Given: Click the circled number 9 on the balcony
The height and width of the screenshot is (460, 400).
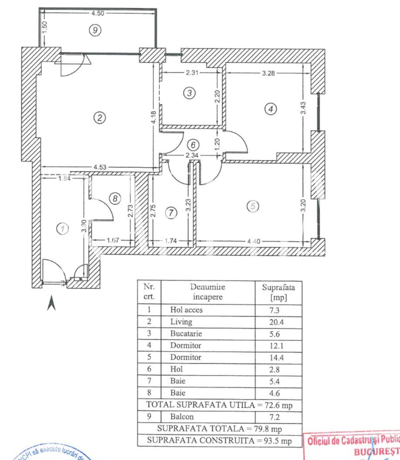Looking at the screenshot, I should pyautogui.click(x=95, y=30).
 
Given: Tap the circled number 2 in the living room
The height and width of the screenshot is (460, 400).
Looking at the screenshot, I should pyautogui.click(x=100, y=117).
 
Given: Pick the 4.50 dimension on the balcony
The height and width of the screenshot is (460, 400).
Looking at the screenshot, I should pyautogui.click(x=98, y=13).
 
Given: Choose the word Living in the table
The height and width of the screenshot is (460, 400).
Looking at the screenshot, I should pyautogui.click(x=181, y=322).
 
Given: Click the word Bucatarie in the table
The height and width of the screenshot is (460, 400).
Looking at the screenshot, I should pyautogui.click(x=186, y=334).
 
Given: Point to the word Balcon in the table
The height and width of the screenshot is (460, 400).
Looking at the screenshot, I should pyautogui.click(x=182, y=416).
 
